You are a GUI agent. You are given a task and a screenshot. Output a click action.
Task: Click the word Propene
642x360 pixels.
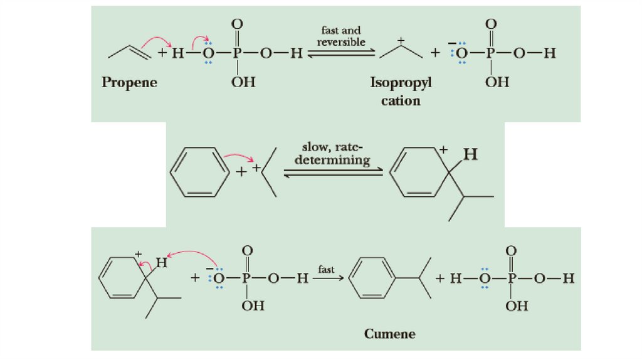click(x=129, y=83)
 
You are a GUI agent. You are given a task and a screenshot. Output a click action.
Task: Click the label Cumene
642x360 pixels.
click(x=390, y=334)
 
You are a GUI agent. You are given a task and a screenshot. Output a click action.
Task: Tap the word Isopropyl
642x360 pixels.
click(x=401, y=83)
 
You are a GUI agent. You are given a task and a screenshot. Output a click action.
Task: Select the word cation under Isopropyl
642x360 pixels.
click(x=401, y=101)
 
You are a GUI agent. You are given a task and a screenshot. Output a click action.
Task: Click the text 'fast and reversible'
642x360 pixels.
click(x=341, y=36)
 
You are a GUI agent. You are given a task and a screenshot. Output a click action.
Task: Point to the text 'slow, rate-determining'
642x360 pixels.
click(x=332, y=154)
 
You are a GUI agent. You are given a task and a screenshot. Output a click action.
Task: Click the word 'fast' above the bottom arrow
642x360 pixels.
click(x=326, y=269)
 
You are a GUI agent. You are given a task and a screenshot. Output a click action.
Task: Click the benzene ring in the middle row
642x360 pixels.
click(x=200, y=172)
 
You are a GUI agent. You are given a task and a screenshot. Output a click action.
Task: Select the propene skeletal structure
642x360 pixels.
click(x=130, y=52)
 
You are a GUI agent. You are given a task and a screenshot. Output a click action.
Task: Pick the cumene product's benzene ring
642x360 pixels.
click(x=372, y=278)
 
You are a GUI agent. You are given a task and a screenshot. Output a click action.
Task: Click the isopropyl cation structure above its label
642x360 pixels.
click(x=401, y=49)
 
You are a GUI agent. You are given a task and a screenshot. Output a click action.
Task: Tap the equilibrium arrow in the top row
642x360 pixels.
click(x=342, y=53)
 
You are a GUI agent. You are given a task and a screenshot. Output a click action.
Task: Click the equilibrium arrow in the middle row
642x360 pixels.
click(x=334, y=172)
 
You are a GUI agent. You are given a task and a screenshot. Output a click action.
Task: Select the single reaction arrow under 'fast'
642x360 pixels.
click(x=329, y=278)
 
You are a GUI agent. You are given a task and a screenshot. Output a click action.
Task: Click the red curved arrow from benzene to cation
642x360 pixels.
click(x=239, y=157)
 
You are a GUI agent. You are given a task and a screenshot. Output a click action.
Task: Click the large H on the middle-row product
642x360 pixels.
click(x=470, y=154)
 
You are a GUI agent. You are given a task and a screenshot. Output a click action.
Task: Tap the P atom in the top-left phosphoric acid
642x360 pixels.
click(x=236, y=53)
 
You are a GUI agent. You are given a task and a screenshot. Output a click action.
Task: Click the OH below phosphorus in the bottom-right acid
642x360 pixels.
click(x=517, y=306)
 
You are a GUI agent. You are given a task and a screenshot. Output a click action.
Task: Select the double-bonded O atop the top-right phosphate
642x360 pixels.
click(x=491, y=24)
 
